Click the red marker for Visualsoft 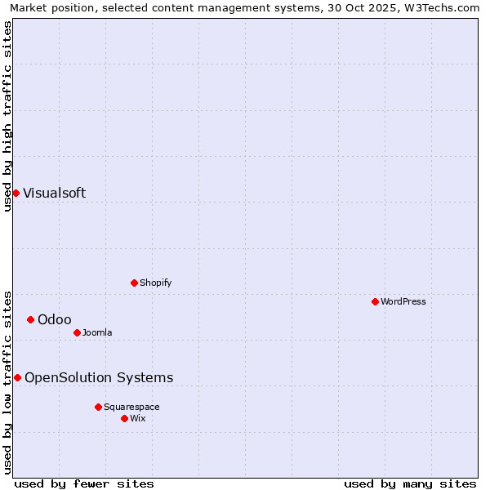(16, 193)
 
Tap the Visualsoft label (54, 194)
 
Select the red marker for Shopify (134, 283)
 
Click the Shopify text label (155, 283)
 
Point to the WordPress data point (375, 301)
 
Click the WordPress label (403, 302)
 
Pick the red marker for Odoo (30, 319)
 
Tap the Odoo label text (54, 320)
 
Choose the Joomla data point (77, 332)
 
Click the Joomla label (97, 333)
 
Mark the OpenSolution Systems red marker (17, 377)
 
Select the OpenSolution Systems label (99, 378)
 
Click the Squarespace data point (98, 407)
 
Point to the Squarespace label (131, 408)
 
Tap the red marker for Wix (124, 418)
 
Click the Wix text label (138, 419)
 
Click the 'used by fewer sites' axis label (84, 483)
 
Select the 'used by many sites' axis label (410, 483)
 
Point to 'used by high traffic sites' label (7, 116)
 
